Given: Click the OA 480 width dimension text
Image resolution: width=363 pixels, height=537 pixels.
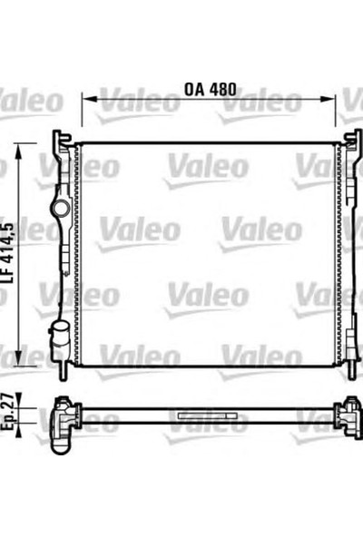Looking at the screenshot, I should [x=210, y=91].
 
